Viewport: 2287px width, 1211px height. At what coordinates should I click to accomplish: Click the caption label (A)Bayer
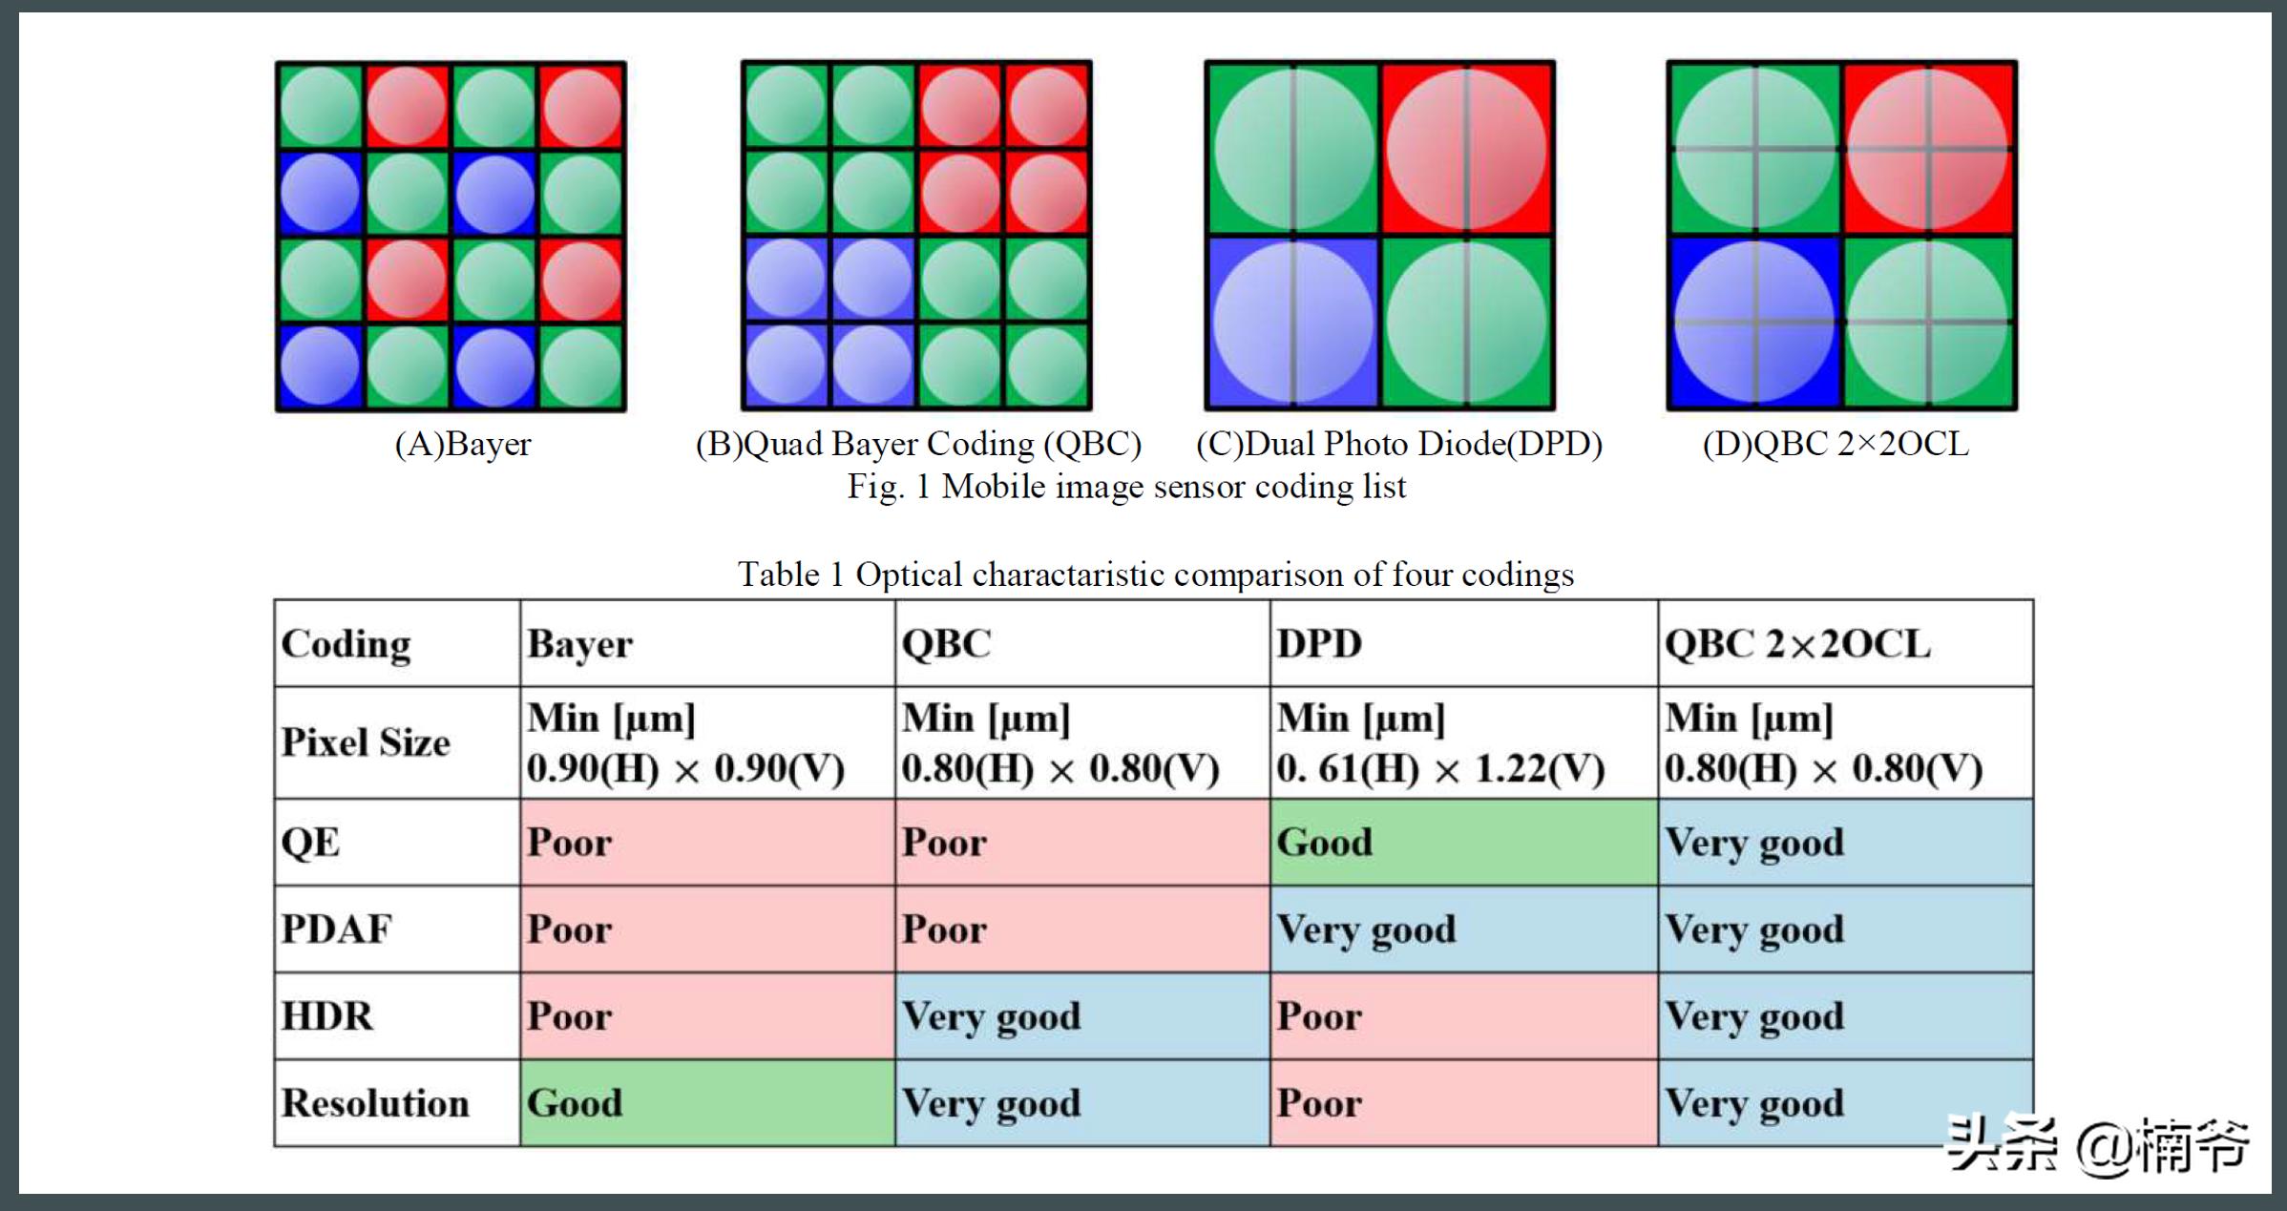click(x=463, y=445)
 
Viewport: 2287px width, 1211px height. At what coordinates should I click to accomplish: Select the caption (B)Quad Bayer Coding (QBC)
click(x=918, y=445)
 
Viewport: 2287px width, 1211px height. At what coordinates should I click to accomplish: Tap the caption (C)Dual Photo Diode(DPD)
click(x=1399, y=445)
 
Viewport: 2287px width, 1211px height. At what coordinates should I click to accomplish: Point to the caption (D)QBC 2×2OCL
click(x=1836, y=445)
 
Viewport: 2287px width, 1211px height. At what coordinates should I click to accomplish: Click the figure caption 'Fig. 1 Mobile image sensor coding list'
click(x=1126, y=488)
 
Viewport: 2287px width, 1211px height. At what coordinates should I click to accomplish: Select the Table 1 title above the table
click(x=1155, y=574)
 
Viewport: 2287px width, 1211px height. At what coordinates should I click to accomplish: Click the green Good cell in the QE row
click(x=1462, y=843)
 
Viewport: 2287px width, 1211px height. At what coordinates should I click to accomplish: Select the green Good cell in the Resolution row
click(x=706, y=1103)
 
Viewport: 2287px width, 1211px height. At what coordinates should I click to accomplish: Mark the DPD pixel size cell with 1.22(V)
click(x=1462, y=744)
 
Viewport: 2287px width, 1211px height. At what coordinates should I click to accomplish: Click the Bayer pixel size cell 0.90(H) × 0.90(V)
click(x=706, y=744)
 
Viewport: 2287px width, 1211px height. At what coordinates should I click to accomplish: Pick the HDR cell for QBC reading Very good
click(x=1082, y=1016)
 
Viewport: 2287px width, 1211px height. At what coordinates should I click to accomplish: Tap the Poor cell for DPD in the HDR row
click(x=1462, y=1016)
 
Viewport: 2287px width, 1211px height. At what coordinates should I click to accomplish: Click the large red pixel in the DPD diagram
click(x=1466, y=149)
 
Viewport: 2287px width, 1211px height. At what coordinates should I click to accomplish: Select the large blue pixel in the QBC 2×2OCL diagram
click(x=1754, y=323)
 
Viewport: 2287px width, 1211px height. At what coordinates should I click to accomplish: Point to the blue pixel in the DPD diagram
click(x=1292, y=323)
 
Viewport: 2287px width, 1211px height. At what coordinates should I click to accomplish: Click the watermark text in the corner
click(x=2097, y=1144)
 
